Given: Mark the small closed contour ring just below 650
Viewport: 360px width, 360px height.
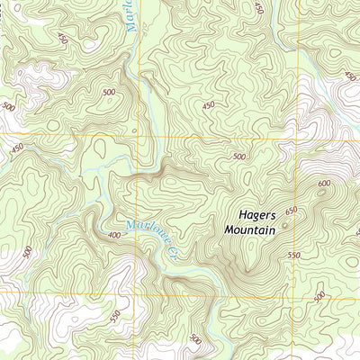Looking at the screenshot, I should pos(285,226).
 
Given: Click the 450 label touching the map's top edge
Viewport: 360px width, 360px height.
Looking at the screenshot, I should pos(259,7).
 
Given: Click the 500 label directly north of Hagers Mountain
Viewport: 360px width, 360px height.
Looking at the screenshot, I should pos(238,157).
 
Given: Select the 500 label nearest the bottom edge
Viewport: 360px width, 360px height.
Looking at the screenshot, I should pos(196,339).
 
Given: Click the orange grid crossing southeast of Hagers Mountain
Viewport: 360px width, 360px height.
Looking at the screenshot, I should pos(295,293).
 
